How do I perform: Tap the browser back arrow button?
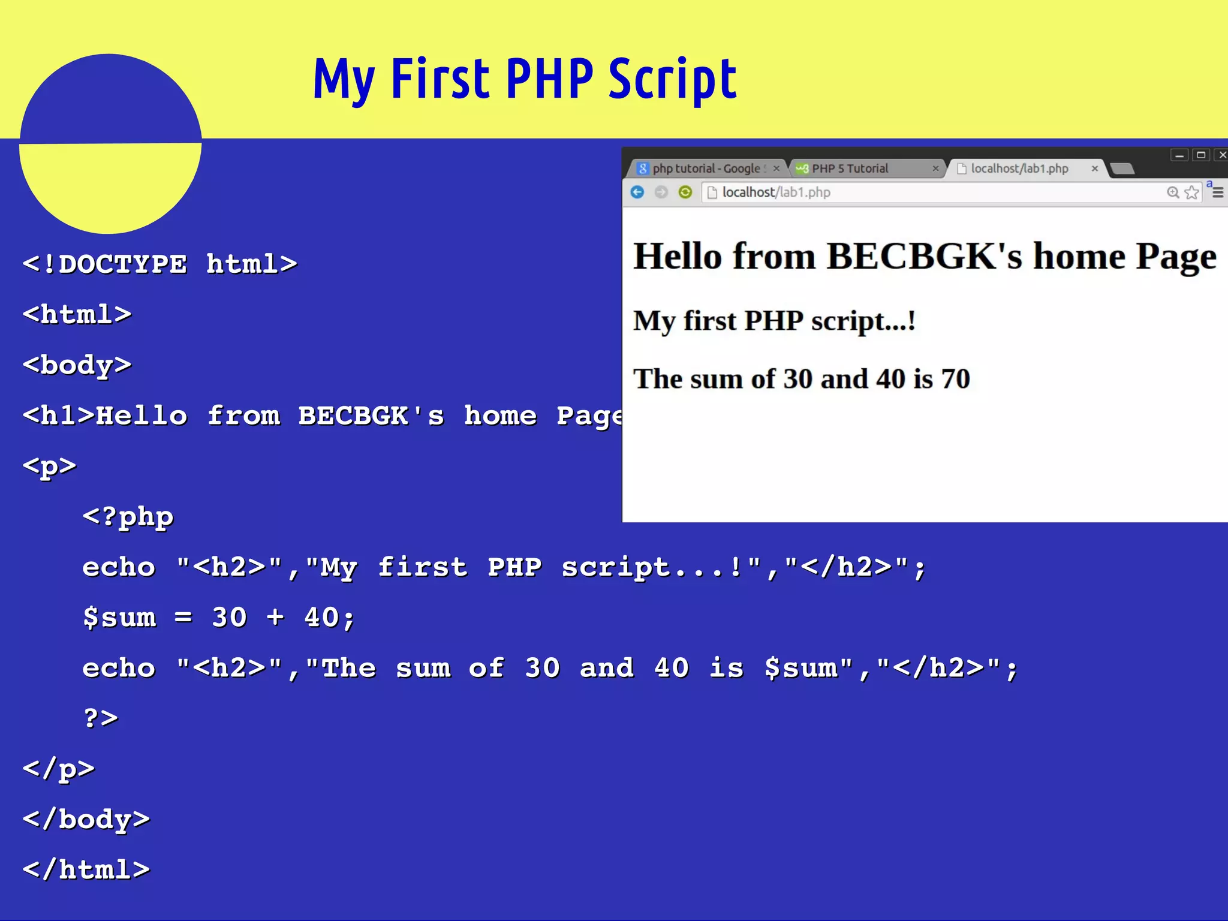pos(637,192)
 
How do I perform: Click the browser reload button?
pos(685,192)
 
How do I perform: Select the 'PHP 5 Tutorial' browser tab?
pos(850,168)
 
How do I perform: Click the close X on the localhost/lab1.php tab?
pos(1094,168)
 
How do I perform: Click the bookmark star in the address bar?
pos(1191,192)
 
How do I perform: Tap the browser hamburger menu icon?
pos(1218,192)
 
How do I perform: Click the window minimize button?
pos(1179,155)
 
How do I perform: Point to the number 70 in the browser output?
pos(955,379)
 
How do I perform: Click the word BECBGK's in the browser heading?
pos(924,257)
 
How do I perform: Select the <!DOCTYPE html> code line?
pos(159,264)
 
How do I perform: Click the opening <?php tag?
pos(128,516)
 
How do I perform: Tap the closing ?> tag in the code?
pos(101,718)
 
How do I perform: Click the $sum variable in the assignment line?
pos(119,617)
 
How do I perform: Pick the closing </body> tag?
pos(86,819)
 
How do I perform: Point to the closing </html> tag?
pos(86,869)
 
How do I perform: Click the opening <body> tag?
pos(77,365)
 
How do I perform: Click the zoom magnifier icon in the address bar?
pos(1173,192)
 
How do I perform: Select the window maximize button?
pos(1201,155)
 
